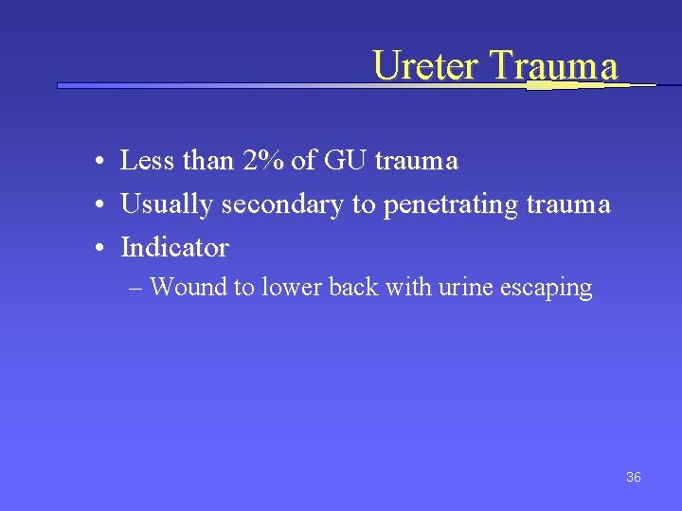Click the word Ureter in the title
426,65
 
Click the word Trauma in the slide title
554,65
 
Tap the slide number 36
634,477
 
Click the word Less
148,161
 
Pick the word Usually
168,204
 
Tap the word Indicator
174,248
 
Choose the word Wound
188,288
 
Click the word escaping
548,288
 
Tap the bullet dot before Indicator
99,249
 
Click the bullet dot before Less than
99,162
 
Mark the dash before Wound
136,288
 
